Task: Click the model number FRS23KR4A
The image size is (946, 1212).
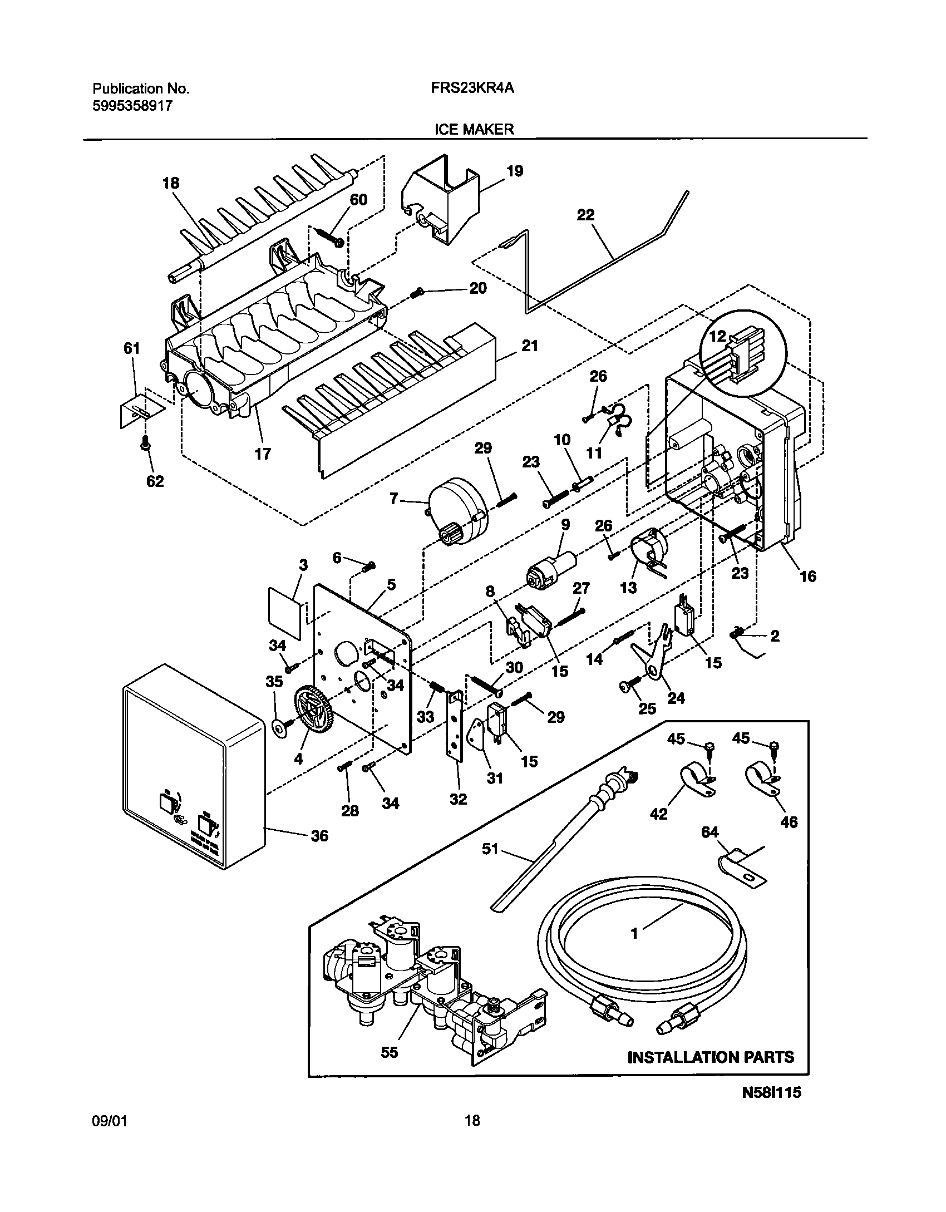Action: pos(471,88)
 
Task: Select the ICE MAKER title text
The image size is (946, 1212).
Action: pos(474,130)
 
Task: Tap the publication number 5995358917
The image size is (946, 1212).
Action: pos(132,106)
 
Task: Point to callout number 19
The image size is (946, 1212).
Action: pos(515,171)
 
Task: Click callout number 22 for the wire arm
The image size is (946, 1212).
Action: pos(585,215)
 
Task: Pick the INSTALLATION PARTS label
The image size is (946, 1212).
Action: pos(711,1057)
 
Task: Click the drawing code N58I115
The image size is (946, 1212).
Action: pos(771,1107)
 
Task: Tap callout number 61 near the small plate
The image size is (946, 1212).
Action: pos(131,349)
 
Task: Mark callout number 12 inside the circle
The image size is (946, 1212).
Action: pos(718,336)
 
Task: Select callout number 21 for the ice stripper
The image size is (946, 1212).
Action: pos(529,346)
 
